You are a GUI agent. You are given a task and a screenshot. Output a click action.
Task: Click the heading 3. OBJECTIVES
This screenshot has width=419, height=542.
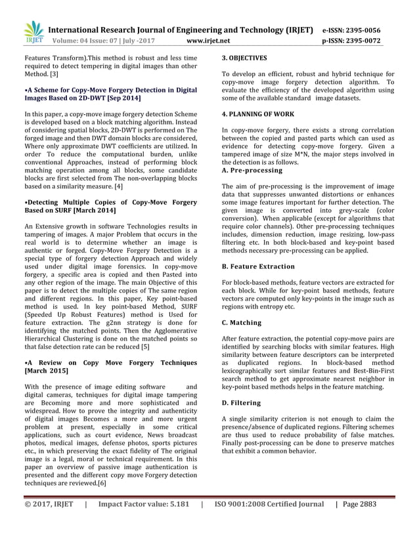coord(244,58)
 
